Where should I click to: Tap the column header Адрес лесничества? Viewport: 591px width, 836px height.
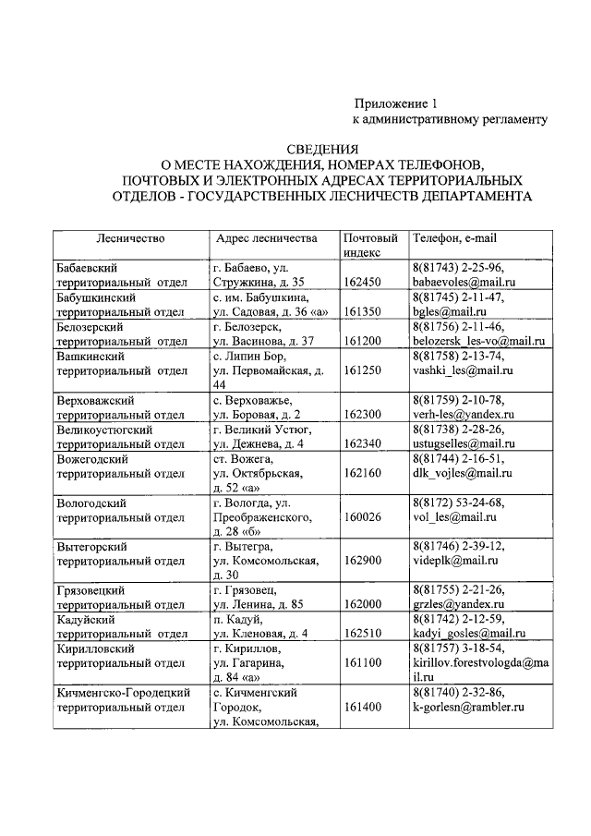point(265,239)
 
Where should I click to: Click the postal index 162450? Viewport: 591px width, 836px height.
point(362,282)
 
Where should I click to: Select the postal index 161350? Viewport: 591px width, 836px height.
point(362,312)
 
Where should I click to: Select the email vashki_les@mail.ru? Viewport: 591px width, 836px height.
point(462,370)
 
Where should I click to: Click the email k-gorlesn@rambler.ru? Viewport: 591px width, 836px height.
point(468,707)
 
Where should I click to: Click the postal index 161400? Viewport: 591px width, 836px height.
point(362,707)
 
